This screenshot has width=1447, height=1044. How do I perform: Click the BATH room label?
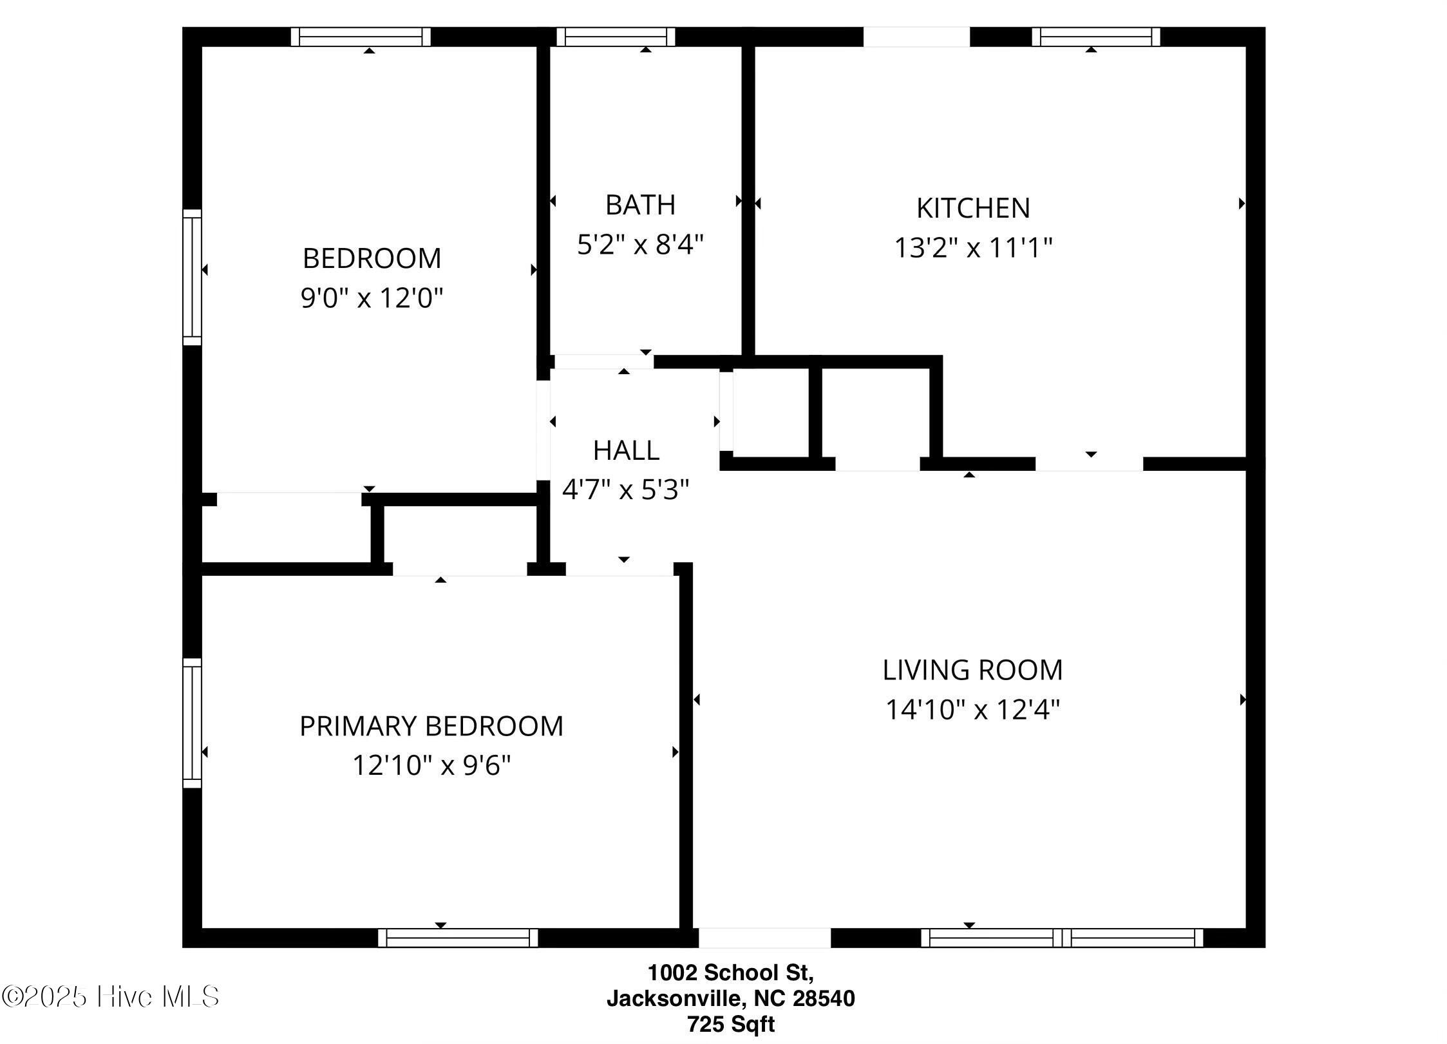point(640,205)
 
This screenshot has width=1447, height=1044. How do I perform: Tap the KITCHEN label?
point(973,208)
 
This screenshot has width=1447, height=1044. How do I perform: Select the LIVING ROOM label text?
point(972,670)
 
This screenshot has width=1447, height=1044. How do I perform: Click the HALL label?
point(626,450)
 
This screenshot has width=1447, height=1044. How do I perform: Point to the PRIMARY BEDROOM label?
point(431,726)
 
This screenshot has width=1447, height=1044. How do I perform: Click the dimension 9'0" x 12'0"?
point(372,298)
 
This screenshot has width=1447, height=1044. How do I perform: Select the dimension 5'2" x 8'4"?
point(640,244)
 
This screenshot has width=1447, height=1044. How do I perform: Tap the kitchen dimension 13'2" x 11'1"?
point(973,247)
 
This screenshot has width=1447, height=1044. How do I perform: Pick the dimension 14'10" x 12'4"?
point(972,709)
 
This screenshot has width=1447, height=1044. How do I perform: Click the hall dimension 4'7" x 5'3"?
point(626,489)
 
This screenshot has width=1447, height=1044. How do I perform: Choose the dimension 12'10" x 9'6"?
point(431,765)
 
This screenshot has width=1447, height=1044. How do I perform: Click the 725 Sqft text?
point(731,1023)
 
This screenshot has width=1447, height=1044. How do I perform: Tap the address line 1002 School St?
point(731,971)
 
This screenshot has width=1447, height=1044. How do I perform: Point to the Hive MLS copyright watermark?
point(110,997)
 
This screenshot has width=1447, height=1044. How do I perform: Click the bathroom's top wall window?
point(616,37)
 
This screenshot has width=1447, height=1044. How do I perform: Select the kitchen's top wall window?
point(1096,37)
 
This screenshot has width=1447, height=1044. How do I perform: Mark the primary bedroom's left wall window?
point(192,723)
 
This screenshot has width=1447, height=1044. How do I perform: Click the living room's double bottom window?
point(1062,938)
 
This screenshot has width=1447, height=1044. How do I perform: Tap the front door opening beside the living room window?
point(764,938)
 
